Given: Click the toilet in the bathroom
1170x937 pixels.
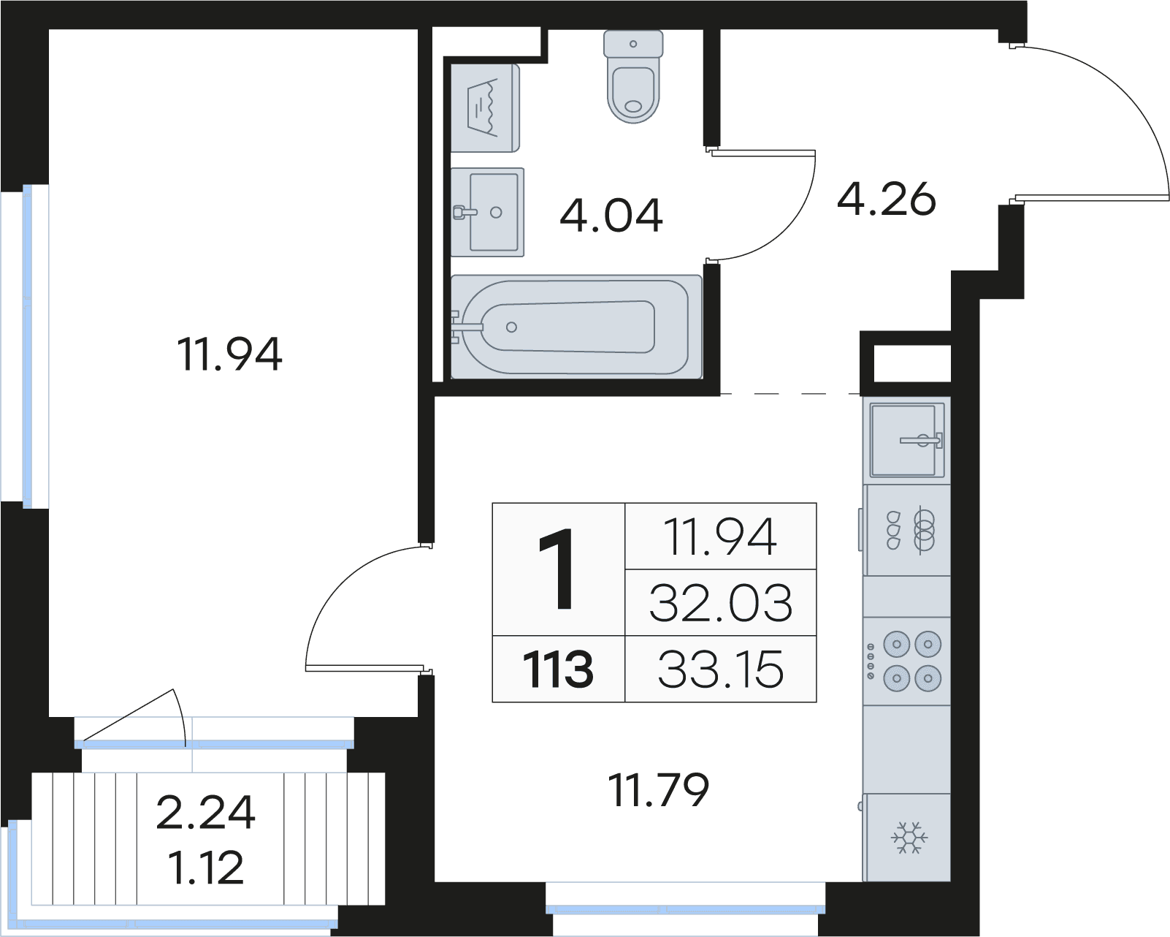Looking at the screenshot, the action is [633, 76].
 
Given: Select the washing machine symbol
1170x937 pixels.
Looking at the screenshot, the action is [485, 108].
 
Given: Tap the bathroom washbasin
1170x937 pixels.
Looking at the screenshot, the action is [487, 212].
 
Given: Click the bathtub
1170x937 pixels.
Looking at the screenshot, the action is [576, 327].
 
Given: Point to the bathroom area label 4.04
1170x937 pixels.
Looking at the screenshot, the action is [611, 216].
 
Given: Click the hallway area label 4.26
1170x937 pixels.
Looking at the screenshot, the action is [886, 199].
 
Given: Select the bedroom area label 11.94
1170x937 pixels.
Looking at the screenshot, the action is [229, 354].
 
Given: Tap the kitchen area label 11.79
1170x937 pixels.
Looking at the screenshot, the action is [658, 789].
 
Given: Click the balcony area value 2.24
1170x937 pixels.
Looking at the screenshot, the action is [205, 813].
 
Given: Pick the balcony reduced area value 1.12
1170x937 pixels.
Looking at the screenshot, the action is [205, 868].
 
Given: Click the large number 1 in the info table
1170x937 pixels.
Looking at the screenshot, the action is [557, 569].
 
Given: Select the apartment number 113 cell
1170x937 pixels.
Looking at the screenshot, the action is [559, 669].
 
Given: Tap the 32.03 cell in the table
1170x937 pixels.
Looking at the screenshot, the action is [721, 603].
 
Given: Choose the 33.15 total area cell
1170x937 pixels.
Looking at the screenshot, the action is [721, 669].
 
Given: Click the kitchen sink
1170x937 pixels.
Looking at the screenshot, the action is [907, 440].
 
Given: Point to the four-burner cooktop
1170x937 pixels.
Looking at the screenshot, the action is [906, 661].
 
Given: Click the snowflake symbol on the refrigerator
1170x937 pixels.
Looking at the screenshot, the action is [909, 838].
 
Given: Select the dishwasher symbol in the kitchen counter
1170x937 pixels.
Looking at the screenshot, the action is [907, 530].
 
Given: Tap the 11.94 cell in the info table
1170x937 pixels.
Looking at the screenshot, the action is [721, 536].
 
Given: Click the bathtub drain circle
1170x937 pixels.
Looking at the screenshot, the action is [511, 327].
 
